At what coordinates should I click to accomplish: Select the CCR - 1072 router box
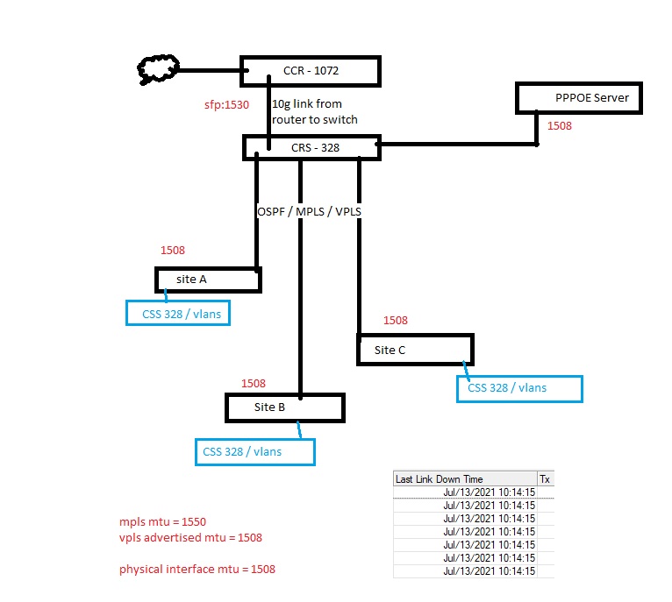[311, 70]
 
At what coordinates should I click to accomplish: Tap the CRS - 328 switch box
[311, 147]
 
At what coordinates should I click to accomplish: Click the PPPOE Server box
[579, 97]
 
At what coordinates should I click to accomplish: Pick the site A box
[208, 280]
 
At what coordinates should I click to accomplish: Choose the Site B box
[285, 407]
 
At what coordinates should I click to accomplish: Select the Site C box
[415, 350]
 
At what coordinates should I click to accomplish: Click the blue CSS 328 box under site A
[178, 313]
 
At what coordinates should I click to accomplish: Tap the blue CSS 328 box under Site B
[254, 452]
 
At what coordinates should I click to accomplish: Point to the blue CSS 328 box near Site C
[519, 388]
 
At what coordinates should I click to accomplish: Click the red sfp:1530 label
[226, 104]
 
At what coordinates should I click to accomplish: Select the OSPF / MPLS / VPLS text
[310, 212]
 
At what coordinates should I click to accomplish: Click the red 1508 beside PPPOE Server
[559, 125]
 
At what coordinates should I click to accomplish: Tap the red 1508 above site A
[173, 251]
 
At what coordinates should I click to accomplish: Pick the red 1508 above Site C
[396, 321]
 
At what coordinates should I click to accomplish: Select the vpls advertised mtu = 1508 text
[190, 537]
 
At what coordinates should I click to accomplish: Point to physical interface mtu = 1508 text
[197, 570]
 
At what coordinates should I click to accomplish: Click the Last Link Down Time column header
[439, 479]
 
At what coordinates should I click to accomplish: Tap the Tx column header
[545, 479]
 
